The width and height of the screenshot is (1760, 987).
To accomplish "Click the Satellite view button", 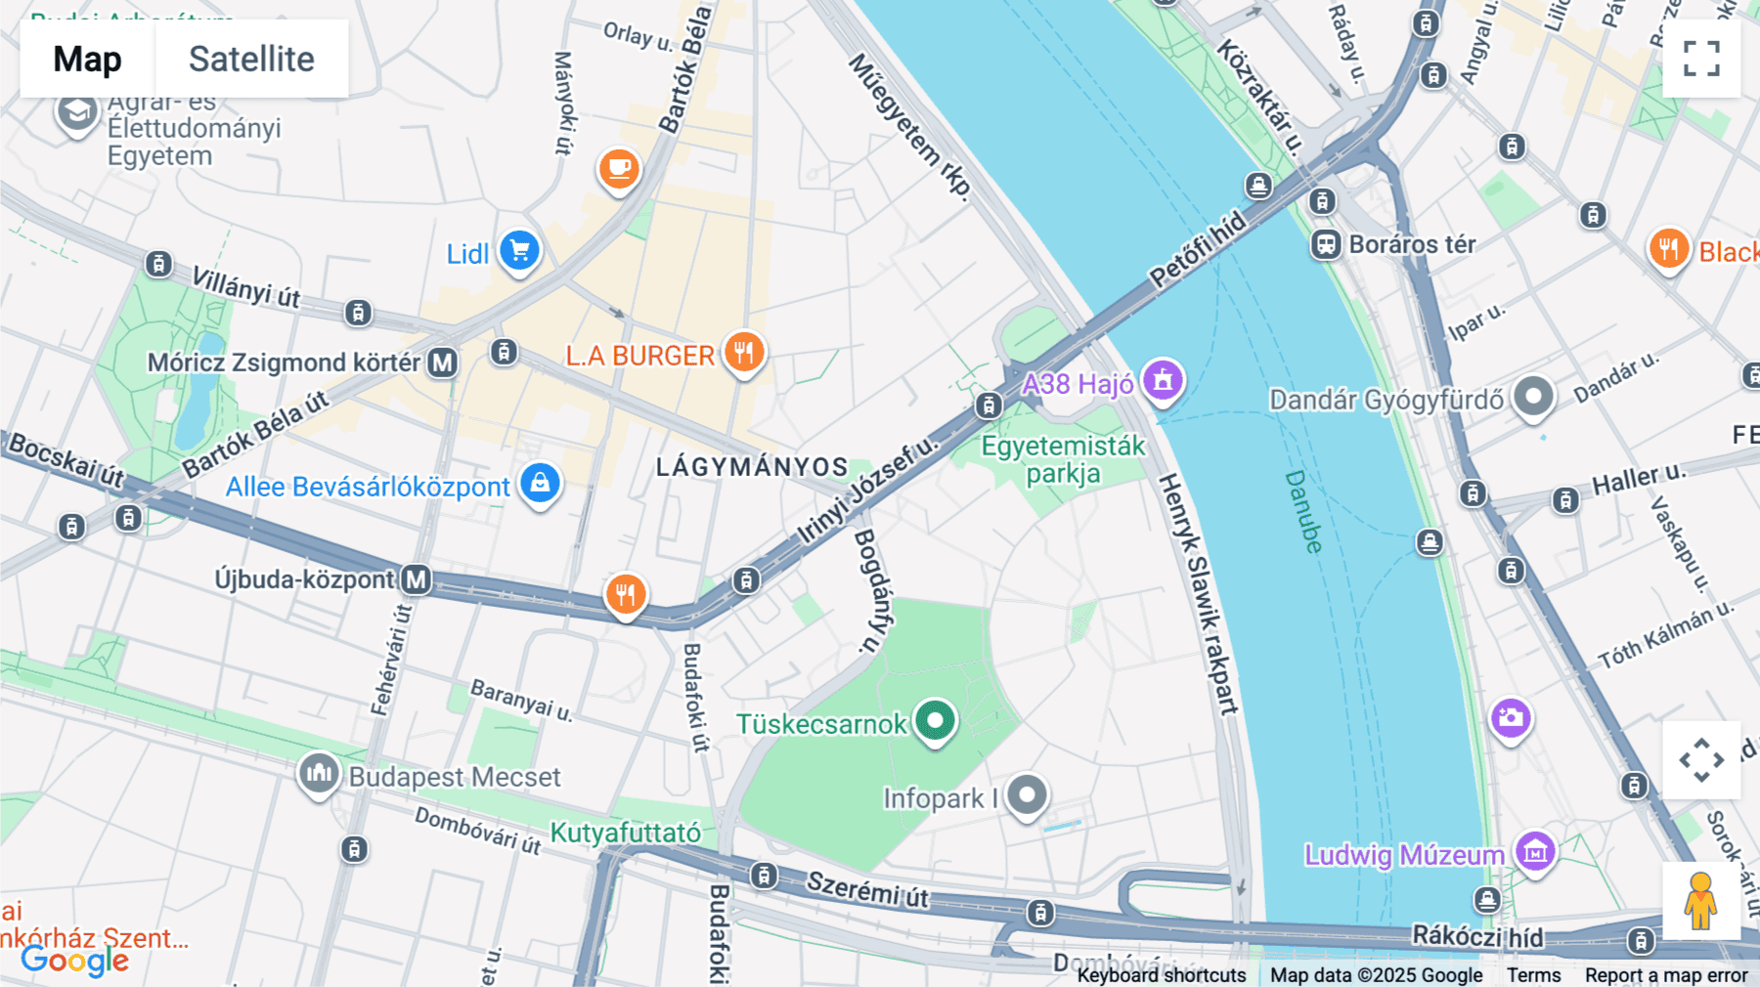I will pyautogui.click(x=251, y=59).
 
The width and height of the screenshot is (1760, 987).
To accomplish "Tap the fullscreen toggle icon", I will pyautogui.click(x=1701, y=59).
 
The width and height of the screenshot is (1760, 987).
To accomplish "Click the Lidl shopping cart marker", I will pyautogui.click(x=520, y=251).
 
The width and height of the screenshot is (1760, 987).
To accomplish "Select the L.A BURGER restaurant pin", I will pyautogui.click(x=744, y=352).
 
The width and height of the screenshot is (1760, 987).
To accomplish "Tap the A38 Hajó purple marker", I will pyautogui.click(x=1163, y=379).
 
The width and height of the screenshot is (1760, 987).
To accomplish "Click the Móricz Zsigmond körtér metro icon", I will pyautogui.click(x=443, y=363).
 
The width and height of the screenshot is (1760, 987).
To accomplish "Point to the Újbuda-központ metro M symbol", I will pyautogui.click(x=417, y=579).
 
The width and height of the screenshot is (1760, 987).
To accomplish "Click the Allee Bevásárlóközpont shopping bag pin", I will pyautogui.click(x=540, y=483).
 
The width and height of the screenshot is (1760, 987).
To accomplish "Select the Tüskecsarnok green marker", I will pyautogui.click(x=935, y=721).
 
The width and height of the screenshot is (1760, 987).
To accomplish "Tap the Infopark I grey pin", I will pyautogui.click(x=1027, y=795).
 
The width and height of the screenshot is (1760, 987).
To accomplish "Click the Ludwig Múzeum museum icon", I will pyautogui.click(x=1535, y=852).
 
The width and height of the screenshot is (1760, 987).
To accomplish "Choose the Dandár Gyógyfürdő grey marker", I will pyautogui.click(x=1532, y=397).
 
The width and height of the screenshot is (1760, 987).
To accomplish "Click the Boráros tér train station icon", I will pyautogui.click(x=1326, y=244).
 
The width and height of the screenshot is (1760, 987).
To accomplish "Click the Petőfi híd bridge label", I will pyautogui.click(x=1198, y=250).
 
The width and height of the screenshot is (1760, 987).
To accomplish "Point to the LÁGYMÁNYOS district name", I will pyautogui.click(x=751, y=467).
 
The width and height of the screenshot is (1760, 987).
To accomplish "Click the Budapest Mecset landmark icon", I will pyautogui.click(x=319, y=774).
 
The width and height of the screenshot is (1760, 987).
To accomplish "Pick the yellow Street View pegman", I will pyautogui.click(x=1700, y=901).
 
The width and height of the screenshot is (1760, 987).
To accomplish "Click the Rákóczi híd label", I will pyautogui.click(x=1476, y=936).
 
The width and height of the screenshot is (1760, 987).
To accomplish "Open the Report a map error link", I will pyautogui.click(x=1666, y=975).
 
